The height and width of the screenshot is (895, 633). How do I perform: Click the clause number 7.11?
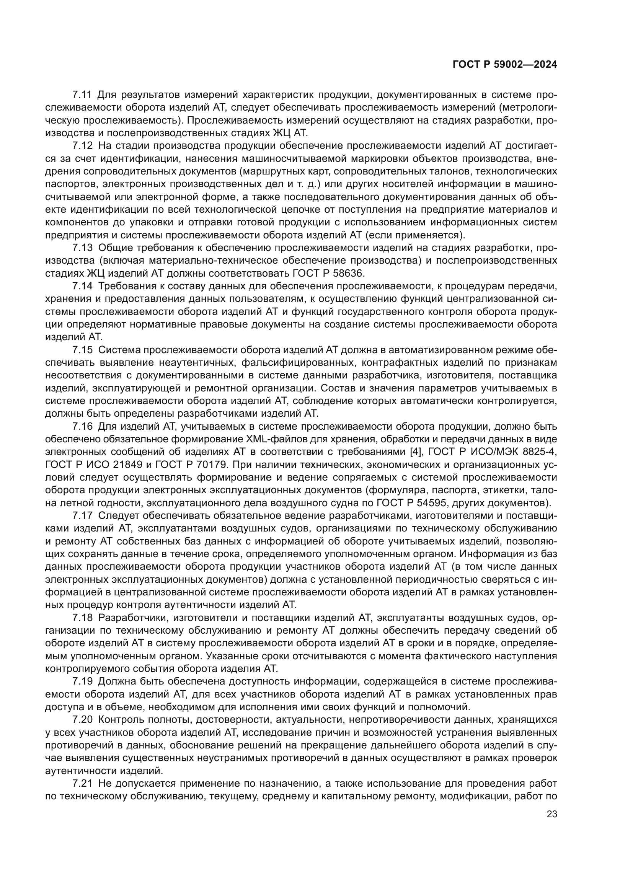[x=82, y=95]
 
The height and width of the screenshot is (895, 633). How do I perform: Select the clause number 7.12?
[x=82, y=146]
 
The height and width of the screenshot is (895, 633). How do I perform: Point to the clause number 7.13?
[x=82, y=248]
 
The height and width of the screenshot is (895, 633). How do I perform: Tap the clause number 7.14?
[x=82, y=286]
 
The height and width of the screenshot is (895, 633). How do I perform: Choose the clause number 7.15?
[x=82, y=350]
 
